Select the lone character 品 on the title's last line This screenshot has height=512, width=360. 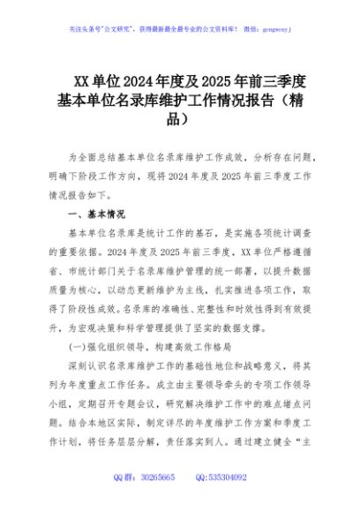click(179, 117)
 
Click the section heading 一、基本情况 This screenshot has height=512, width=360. click(96, 215)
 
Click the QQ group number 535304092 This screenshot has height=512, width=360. click(227, 478)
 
